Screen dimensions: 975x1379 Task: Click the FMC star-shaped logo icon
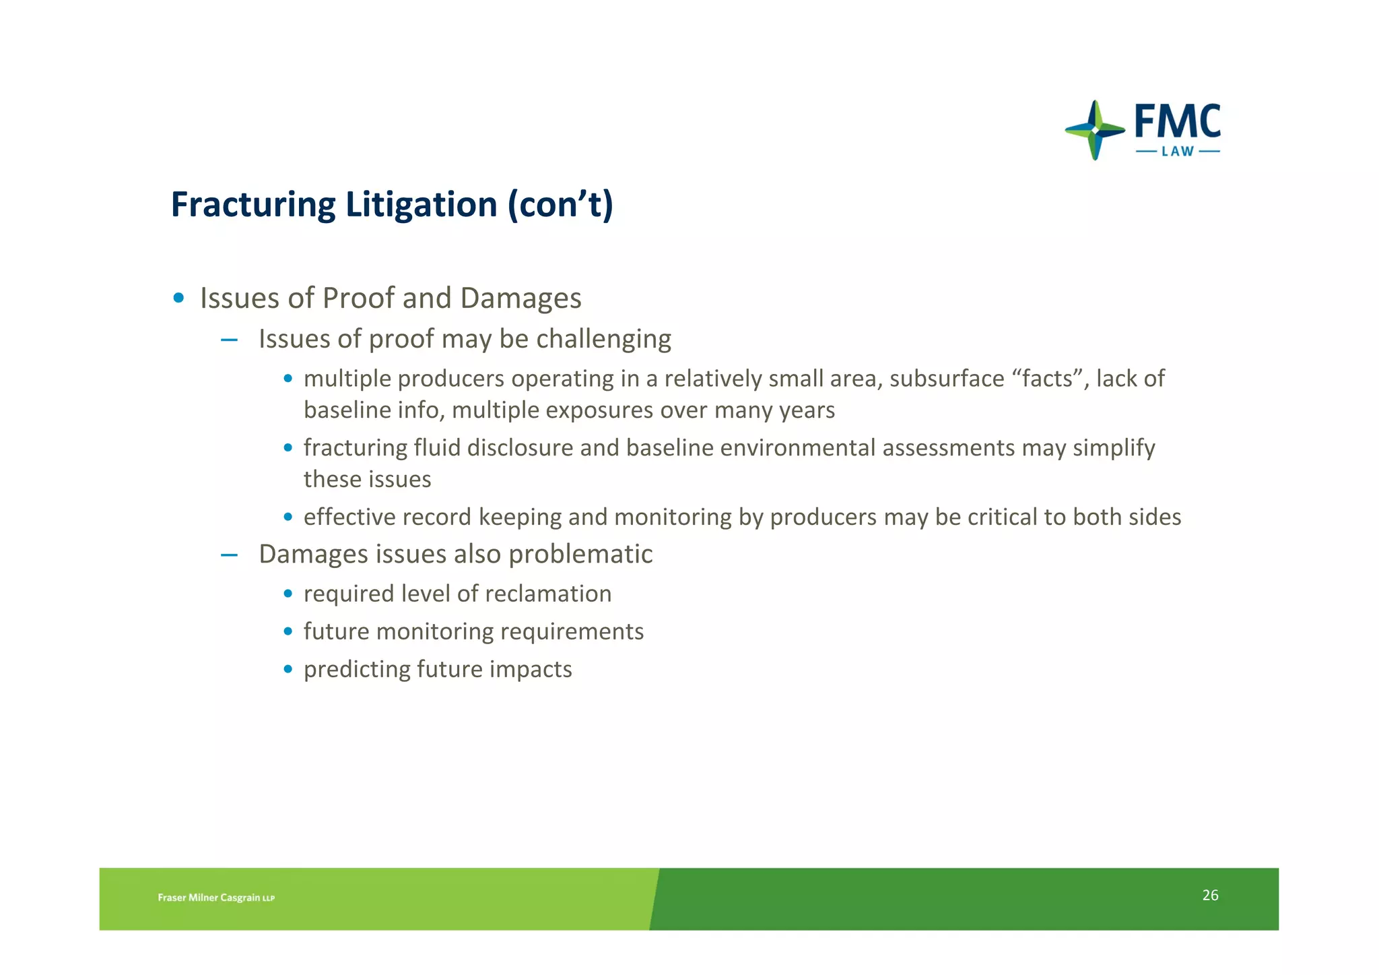click(x=1095, y=130)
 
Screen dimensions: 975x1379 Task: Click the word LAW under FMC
click(x=1178, y=152)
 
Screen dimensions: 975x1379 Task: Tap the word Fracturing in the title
click(x=253, y=205)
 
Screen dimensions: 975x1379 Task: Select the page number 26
click(x=1210, y=895)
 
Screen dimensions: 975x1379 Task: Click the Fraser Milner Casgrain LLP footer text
click(x=216, y=898)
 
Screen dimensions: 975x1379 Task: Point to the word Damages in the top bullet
click(x=520, y=298)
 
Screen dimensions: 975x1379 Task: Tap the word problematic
click(x=580, y=555)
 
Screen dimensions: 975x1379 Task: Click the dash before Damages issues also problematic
click(x=229, y=555)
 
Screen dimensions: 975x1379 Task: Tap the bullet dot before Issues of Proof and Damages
click(x=178, y=298)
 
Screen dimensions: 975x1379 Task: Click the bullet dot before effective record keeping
click(x=288, y=517)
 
